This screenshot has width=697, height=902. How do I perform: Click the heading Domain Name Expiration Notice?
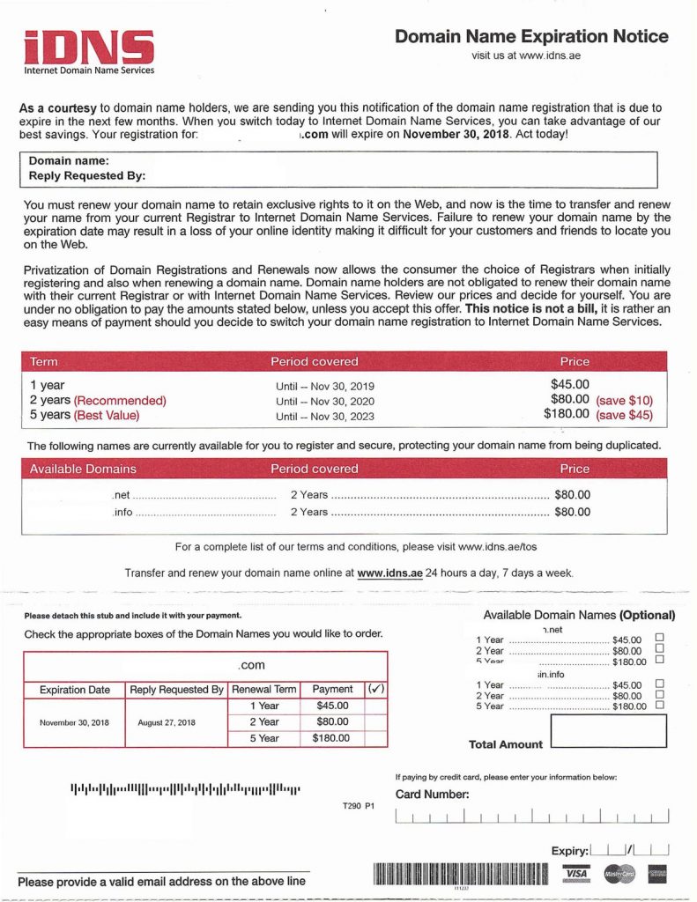[531, 36]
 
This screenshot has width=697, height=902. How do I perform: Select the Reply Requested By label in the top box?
[87, 175]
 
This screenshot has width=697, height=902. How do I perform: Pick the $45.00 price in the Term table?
[569, 384]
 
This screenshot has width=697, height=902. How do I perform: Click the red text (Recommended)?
[119, 400]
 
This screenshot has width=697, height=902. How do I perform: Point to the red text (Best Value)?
[107, 415]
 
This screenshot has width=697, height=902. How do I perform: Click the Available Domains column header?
[83, 469]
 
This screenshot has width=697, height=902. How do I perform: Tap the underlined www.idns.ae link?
[389, 573]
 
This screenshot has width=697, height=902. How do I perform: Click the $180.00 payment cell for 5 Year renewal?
[330, 738]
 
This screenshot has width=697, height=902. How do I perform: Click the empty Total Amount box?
[608, 730]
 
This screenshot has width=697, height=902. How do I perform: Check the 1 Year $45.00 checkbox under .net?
[659, 638]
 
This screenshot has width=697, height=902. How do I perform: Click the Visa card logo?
[576, 873]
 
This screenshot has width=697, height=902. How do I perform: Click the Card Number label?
[432, 795]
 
